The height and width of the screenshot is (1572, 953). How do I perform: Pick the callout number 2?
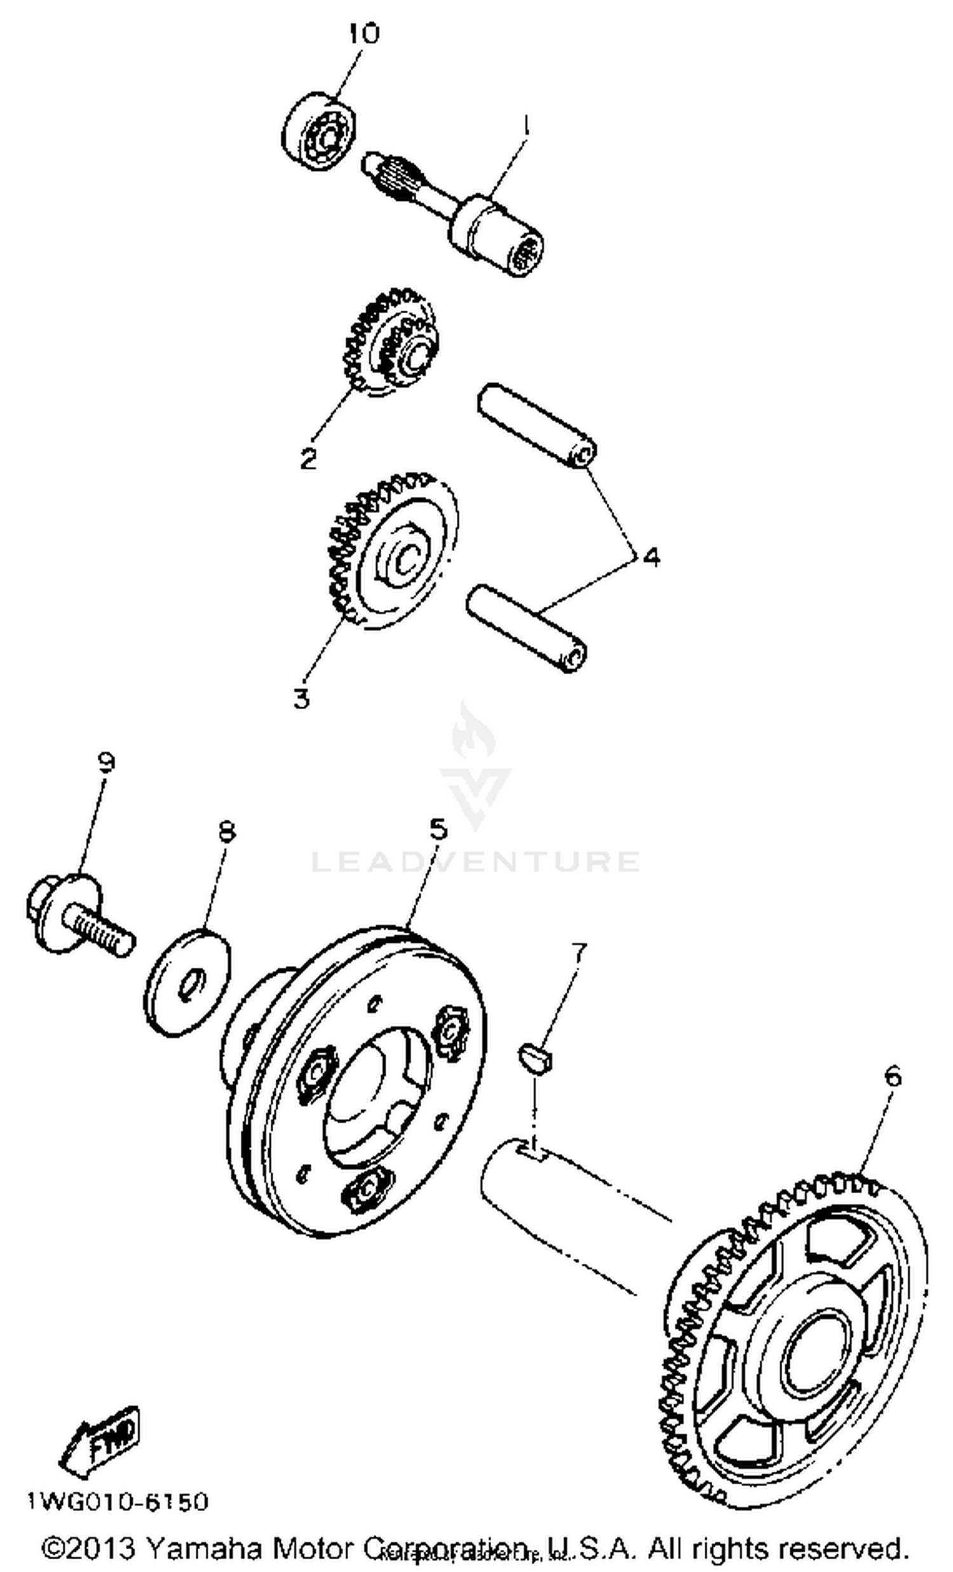pos(308,458)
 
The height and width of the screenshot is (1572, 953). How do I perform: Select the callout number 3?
pos(301,698)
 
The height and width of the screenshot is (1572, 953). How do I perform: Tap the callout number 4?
pos(651,557)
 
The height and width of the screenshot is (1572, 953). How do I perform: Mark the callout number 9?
pos(105,762)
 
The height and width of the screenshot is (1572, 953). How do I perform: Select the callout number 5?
pos(438,830)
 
